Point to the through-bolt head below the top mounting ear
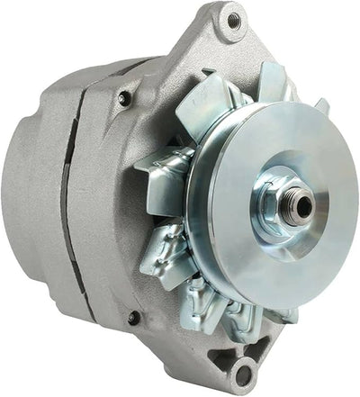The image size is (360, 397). click(124, 97)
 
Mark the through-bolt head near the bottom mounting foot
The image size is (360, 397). click(133, 317)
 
